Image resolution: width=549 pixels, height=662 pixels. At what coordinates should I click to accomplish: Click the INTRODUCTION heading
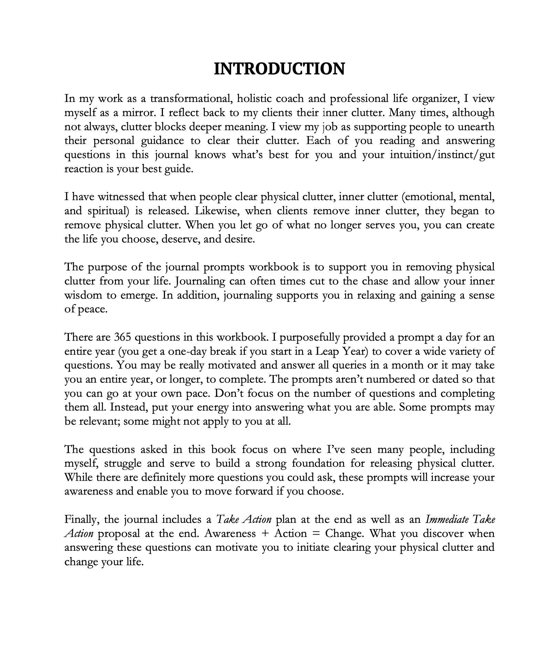[x=279, y=69]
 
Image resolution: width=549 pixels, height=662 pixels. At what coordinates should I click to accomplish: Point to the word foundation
[x=318, y=464]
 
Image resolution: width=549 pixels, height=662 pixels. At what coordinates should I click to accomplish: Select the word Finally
[x=82, y=519]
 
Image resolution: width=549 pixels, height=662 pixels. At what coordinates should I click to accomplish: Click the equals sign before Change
[x=316, y=534]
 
